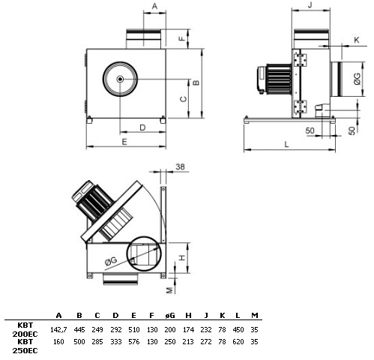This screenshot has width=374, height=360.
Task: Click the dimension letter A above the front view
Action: coord(154,6)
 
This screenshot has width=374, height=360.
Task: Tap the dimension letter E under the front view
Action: coord(124,142)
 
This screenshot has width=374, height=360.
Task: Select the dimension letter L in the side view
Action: coord(286,144)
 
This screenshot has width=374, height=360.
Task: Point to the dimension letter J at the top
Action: coord(310,4)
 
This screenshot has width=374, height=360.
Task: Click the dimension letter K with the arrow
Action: coord(357,40)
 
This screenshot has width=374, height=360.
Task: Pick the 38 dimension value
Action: coord(180,166)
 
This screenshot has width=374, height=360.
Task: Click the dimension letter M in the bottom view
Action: coord(169,290)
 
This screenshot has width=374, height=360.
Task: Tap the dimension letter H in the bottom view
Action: coord(183,257)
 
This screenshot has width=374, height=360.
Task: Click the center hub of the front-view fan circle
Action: coord(120,79)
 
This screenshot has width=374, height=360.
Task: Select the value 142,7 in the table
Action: coord(58,330)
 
